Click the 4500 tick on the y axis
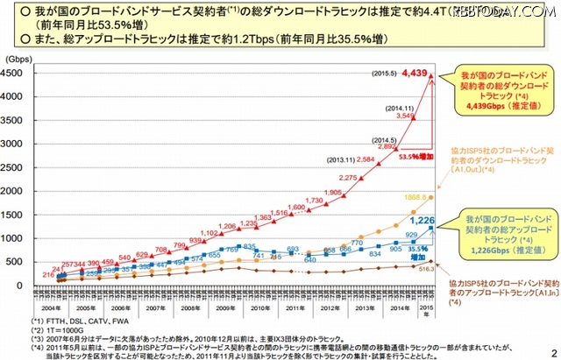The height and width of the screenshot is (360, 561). pos(16,74)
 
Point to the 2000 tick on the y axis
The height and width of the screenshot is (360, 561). pos(16,191)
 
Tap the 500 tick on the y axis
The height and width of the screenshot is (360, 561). pos(18,262)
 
